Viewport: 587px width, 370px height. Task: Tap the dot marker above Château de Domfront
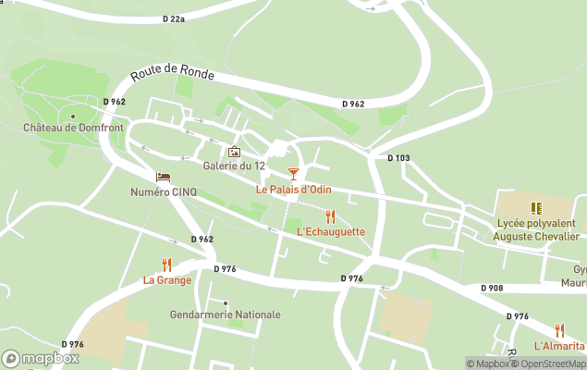(73, 117)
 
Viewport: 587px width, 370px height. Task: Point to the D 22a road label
(173, 18)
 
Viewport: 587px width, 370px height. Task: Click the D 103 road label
(398, 158)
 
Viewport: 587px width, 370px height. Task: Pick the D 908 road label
(492, 289)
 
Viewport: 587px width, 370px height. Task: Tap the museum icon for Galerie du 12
(234, 153)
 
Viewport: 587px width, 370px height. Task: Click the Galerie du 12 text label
(234, 166)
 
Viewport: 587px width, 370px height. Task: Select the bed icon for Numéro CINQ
(164, 178)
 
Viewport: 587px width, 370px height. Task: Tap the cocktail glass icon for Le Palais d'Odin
(293, 174)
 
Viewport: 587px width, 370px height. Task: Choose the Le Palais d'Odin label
(293, 190)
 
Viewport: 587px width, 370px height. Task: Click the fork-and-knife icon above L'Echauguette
(330, 216)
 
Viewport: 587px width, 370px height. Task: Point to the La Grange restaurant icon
(166, 265)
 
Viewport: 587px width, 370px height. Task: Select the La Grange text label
(166, 280)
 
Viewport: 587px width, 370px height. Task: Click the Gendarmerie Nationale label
(225, 314)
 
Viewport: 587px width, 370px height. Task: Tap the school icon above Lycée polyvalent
(534, 208)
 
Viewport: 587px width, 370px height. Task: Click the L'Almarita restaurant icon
(559, 330)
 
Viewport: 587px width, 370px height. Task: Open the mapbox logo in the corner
(41, 358)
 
